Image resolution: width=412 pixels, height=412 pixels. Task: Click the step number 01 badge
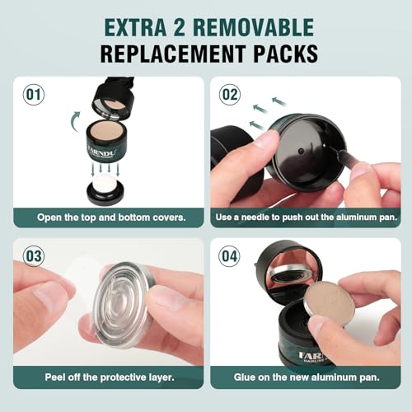(x=34, y=94)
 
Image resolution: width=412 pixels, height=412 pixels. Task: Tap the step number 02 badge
(x=230, y=94)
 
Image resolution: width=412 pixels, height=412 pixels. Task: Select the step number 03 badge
(x=34, y=255)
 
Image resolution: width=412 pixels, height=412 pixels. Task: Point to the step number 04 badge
(x=230, y=255)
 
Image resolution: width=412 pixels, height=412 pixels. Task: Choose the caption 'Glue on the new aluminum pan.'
(x=303, y=379)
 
